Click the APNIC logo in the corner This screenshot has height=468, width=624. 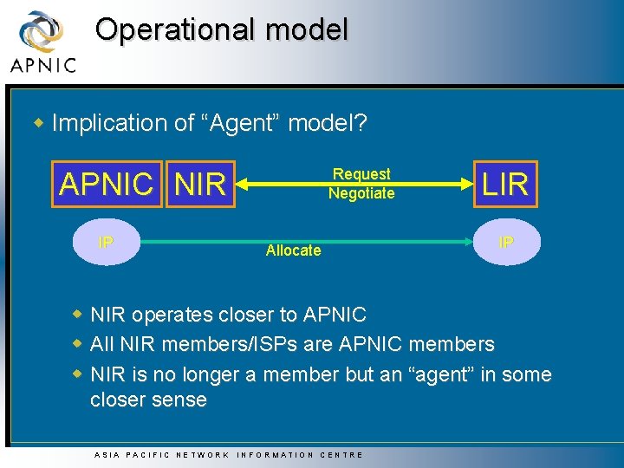click(42, 42)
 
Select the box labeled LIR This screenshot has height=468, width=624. click(505, 184)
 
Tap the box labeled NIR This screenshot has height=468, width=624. click(200, 184)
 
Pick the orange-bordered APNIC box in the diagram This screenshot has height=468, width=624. click(106, 184)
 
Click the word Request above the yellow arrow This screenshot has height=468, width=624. click(361, 174)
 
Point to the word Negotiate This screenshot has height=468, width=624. click(361, 193)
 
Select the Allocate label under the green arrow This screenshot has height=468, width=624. click(293, 250)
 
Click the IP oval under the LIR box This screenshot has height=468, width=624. click(506, 242)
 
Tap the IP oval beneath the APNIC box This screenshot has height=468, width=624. click(106, 242)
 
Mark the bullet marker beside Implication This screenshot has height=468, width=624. click(38, 122)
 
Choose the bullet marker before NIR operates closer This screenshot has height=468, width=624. click(78, 313)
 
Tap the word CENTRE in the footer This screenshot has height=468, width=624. click(344, 454)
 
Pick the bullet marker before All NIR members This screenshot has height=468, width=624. click(78, 343)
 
